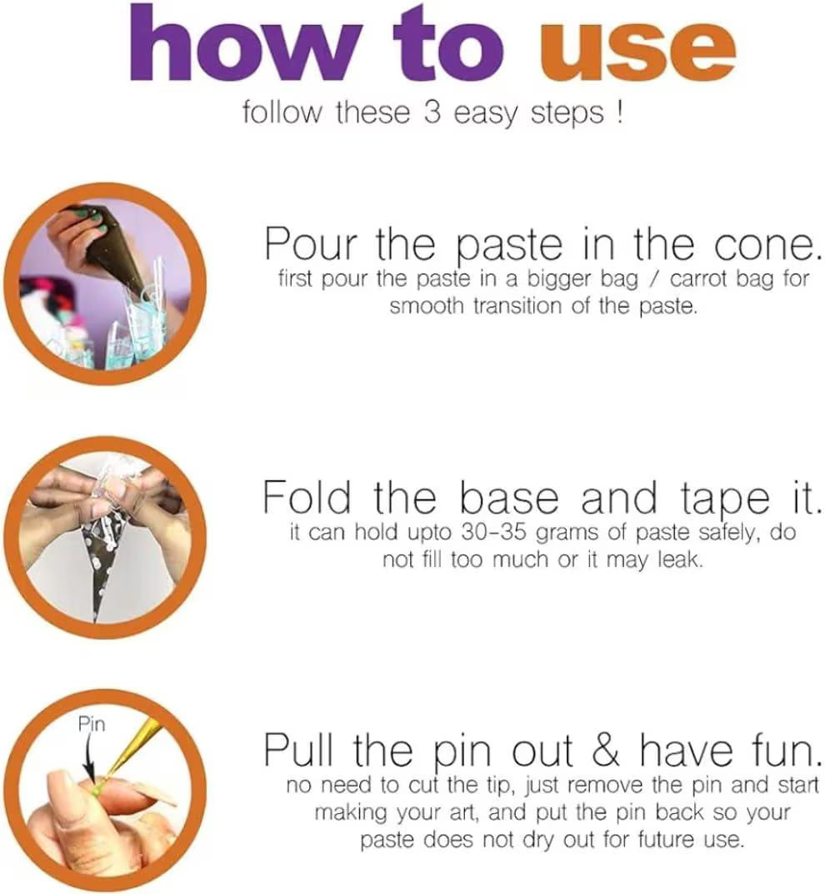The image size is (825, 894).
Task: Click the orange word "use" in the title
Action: pos(637,53)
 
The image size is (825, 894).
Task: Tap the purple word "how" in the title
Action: pos(245,43)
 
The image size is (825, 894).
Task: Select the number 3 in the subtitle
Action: pos(432,112)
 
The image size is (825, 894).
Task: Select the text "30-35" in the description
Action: pos(493,533)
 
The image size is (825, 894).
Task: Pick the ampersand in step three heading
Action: pos(605,749)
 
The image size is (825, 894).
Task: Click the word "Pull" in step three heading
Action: pos(298,749)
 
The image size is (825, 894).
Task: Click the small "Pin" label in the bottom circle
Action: pos(92,725)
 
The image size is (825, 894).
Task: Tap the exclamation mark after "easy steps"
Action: pos(619,112)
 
